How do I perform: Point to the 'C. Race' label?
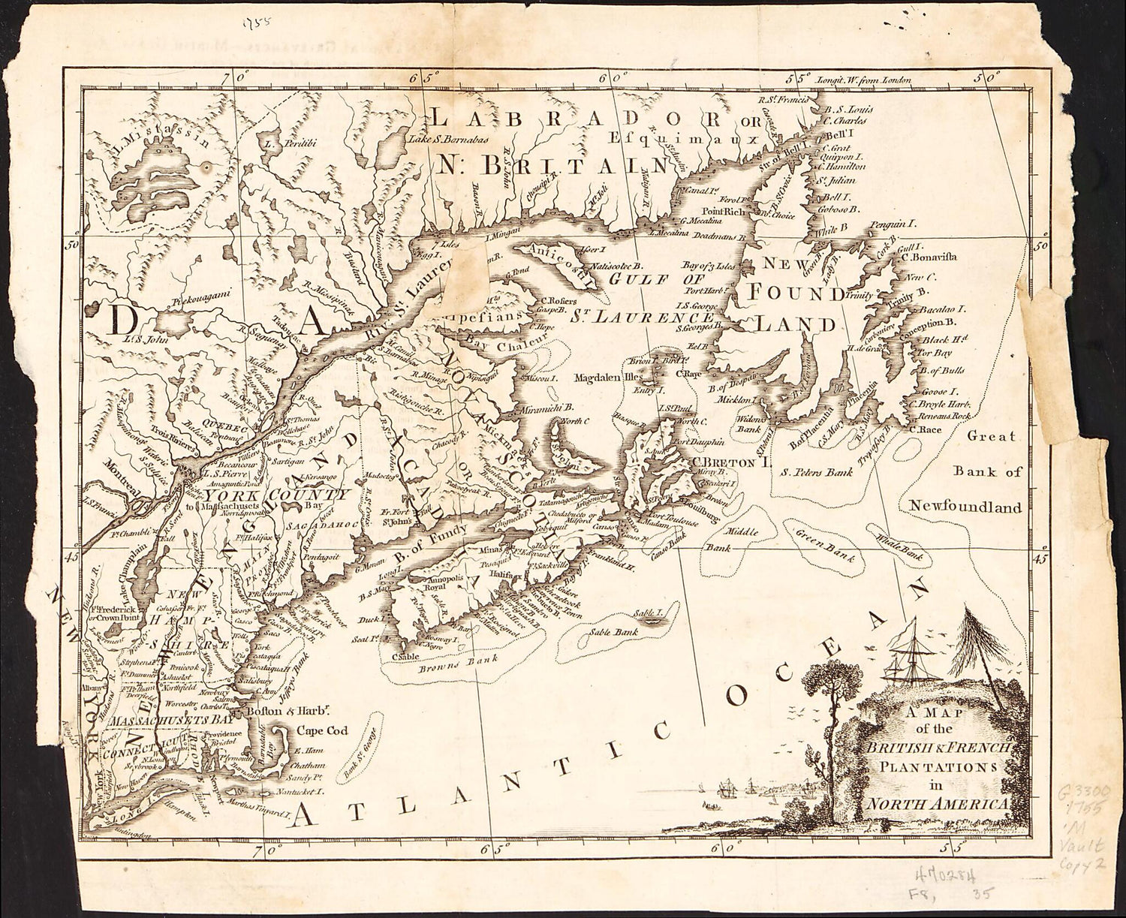(x=926, y=429)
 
